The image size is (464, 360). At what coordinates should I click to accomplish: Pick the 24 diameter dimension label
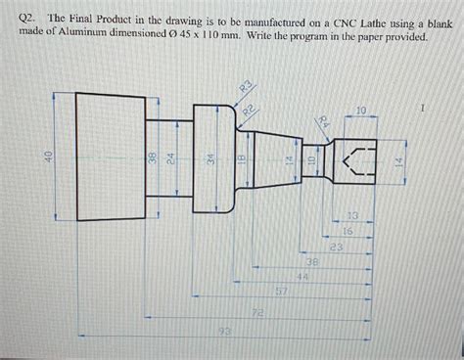pos(168,158)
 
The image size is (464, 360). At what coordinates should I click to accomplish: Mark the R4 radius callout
pos(324,121)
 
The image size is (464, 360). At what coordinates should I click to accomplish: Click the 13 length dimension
pos(352,214)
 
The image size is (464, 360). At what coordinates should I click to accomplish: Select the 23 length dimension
pos(336,247)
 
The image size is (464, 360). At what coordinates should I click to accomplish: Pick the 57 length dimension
pos(281,292)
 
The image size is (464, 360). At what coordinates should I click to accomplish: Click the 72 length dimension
pos(257,312)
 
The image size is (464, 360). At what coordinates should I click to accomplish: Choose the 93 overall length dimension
pos(225,333)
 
